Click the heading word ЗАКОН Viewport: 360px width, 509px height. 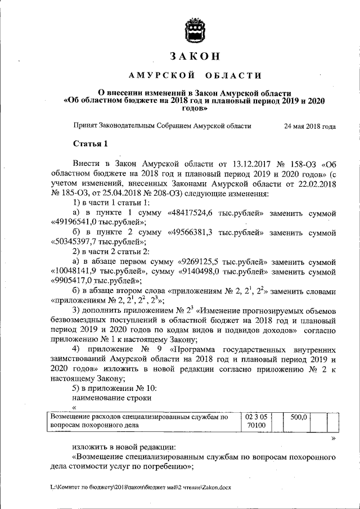pos(194,56)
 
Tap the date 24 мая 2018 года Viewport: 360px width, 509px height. pos(310,127)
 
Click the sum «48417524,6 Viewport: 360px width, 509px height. pos(191,214)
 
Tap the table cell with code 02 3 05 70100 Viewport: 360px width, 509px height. pos(256,422)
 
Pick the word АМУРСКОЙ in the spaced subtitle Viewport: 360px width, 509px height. pos(162,75)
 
